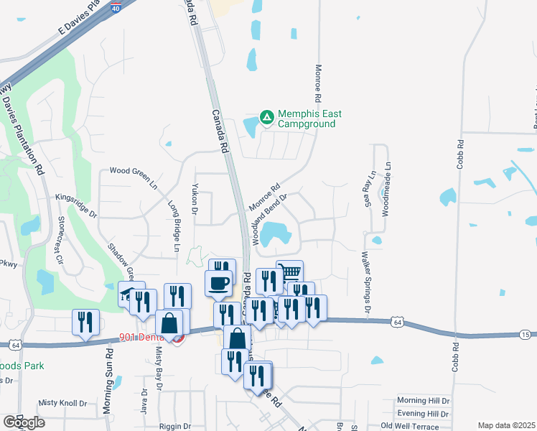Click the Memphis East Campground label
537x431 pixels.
pyautogui.click(x=309, y=119)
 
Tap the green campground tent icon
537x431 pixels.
pyautogui.click(x=266, y=116)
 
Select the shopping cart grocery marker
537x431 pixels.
pyautogui.click(x=289, y=273)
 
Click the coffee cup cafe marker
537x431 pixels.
pyautogui.click(x=219, y=283)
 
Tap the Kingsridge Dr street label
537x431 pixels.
pyautogui.click(x=76, y=205)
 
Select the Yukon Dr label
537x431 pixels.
pyautogui.click(x=195, y=198)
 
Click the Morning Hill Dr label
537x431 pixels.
pyautogui.click(x=423, y=401)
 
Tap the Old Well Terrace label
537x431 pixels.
pyautogui.click(x=429, y=427)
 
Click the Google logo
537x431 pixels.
pyautogui.click(x=23, y=422)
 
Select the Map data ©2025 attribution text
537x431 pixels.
pyautogui.click(x=506, y=425)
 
